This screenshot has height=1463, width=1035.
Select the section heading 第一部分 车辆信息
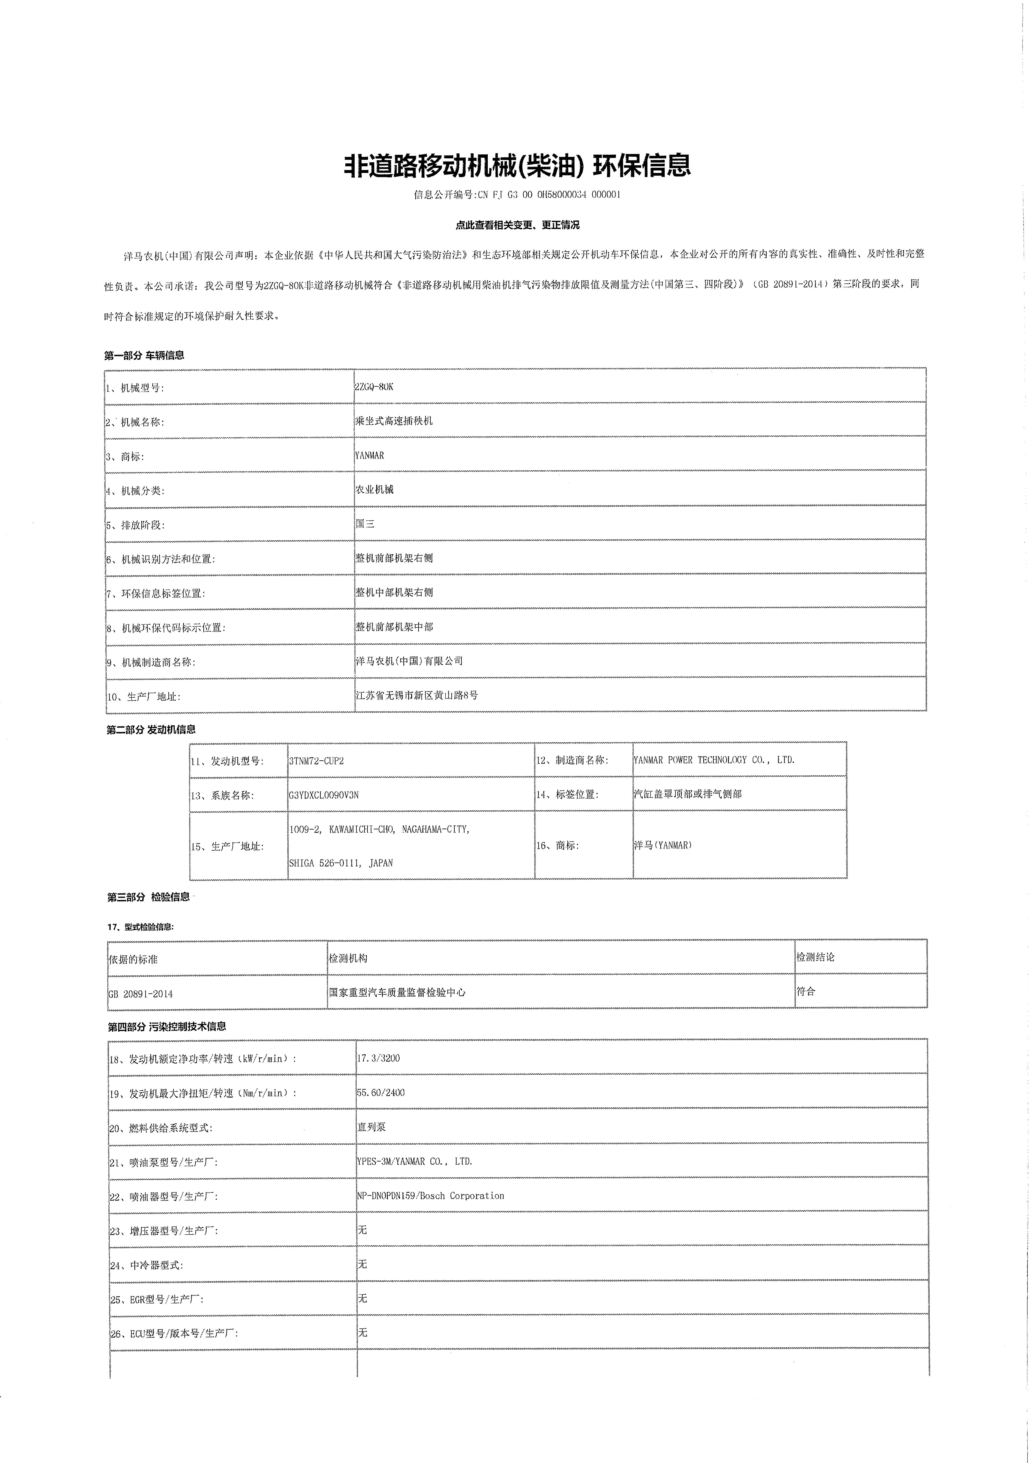145,355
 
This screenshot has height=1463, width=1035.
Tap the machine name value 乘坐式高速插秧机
394,421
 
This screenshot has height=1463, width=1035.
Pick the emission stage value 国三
365,524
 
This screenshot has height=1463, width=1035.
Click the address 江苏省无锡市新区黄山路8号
417,695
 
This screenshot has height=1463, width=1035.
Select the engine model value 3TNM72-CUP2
316,760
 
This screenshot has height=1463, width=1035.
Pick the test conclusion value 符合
806,991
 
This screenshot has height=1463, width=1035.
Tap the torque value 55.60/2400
381,1093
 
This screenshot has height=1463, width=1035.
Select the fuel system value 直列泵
372,1127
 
